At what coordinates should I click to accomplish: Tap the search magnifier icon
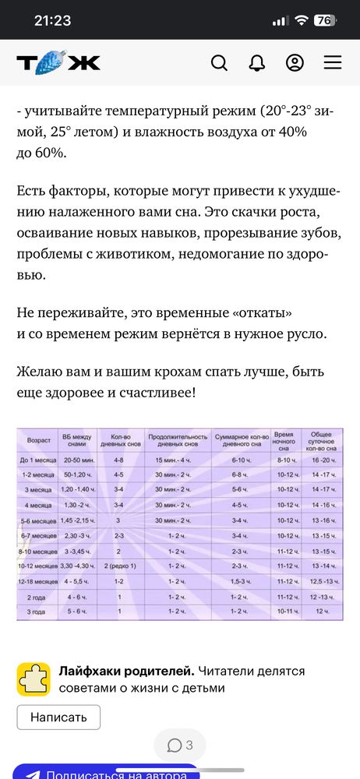coord(220,63)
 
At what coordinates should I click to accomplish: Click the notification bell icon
coord(257,63)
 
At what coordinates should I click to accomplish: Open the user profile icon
coord(295,63)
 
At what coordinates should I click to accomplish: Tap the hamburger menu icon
coord(333,63)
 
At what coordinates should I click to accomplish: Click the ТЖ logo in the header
coord(58,63)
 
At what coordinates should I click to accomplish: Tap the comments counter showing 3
coord(180,746)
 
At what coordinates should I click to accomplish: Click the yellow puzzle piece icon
coord(34,679)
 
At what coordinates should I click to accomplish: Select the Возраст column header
coord(38,440)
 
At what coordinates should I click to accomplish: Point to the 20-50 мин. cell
coord(79,460)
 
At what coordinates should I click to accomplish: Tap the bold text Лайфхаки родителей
coord(126,671)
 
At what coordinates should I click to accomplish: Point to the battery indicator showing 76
coord(325,21)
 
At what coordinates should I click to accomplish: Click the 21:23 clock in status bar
coord(52,21)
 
